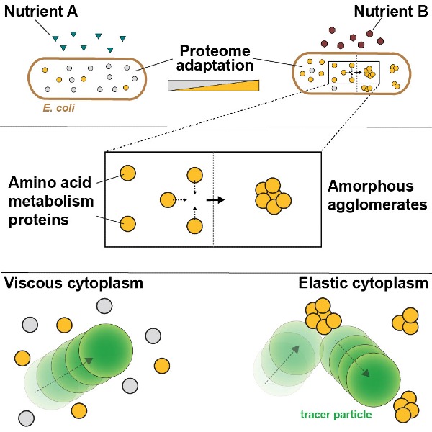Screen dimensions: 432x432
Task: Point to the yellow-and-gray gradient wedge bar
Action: (x=212, y=85)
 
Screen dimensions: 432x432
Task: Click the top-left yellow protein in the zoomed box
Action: (x=127, y=173)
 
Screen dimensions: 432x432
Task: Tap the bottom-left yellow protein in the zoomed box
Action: (x=127, y=223)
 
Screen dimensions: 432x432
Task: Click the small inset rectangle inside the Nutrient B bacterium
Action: (x=354, y=72)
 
